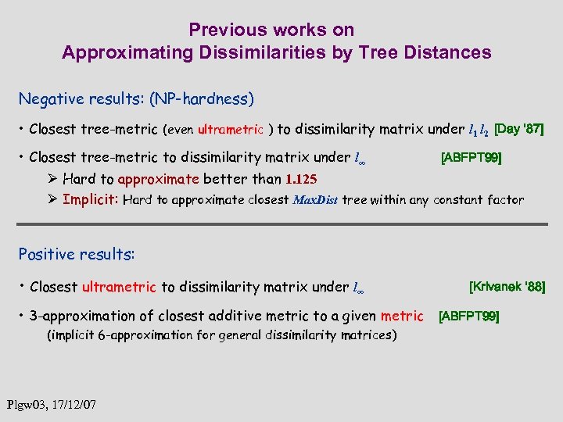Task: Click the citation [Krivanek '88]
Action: pyautogui.click(x=506, y=286)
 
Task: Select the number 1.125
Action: pyautogui.click(x=301, y=179)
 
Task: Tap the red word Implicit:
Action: pyautogui.click(x=91, y=199)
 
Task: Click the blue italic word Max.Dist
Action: pyautogui.click(x=317, y=200)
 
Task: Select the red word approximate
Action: pyautogui.click(x=160, y=179)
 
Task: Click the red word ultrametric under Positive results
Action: pyautogui.click(x=119, y=287)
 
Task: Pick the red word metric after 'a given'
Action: pyautogui.click(x=401, y=316)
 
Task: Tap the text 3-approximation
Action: pyautogui.click(x=79, y=316)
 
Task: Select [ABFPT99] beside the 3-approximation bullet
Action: pyautogui.click(x=469, y=316)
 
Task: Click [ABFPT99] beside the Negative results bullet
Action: pyautogui.click(x=472, y=159)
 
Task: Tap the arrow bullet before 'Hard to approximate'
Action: pyautogui.click(x=52, y=179)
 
